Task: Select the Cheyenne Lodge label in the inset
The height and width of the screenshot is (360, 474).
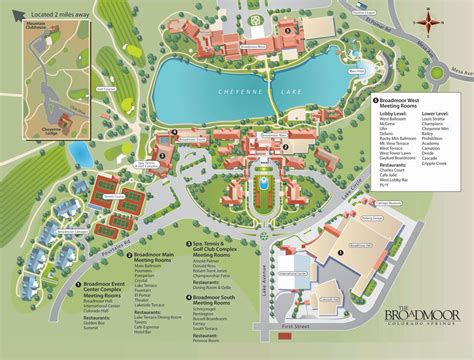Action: point(51,129)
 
